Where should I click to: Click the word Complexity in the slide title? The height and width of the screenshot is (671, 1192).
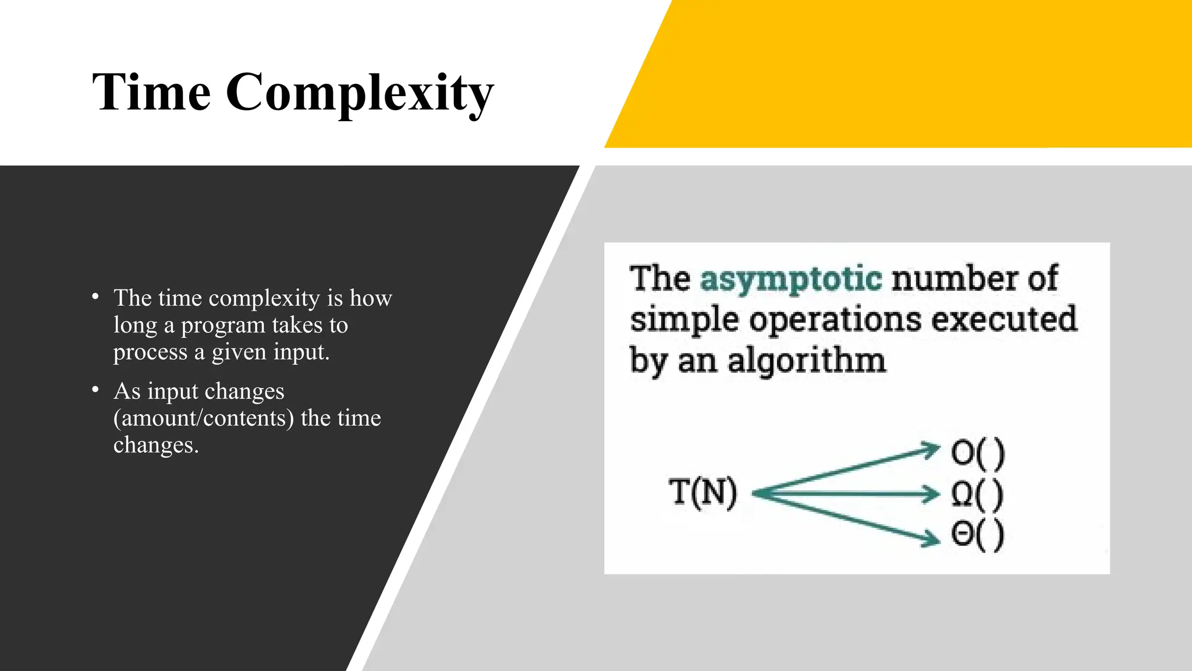pos(360,93)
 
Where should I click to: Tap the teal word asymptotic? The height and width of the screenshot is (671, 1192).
pos(790,278)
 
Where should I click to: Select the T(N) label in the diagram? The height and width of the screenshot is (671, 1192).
pos(703,492)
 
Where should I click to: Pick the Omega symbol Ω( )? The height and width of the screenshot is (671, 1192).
pos(977,495)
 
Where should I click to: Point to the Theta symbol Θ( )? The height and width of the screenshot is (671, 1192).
pos(977,534)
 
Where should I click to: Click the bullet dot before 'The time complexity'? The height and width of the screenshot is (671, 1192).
pos(95,297)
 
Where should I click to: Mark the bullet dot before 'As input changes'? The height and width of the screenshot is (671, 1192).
pos(95,390)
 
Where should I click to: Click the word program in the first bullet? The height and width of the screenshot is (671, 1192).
pos(223,326)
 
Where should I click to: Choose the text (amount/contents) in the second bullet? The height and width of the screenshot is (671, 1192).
pos(204,418)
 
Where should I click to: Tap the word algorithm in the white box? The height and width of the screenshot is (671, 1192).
pos(807,361)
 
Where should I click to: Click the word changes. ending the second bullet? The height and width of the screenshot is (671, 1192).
pos(156,445)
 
